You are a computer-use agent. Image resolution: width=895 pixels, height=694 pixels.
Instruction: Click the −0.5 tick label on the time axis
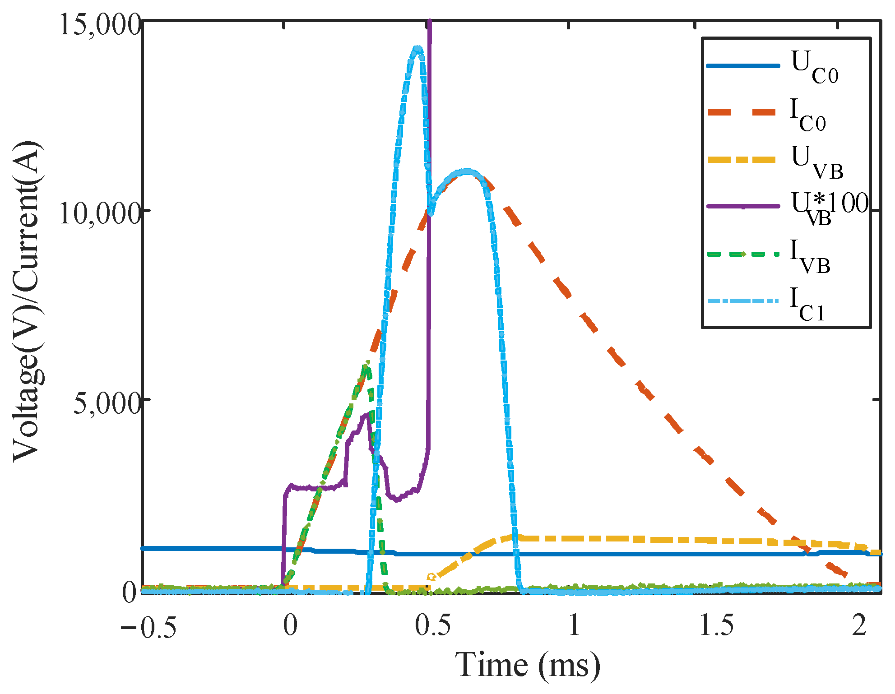(x=148, y=626)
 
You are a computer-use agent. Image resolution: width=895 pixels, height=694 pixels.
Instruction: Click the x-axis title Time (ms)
(x=527, y=665)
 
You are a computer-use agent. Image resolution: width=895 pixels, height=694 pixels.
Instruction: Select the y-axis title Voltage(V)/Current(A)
(x=28, y=301)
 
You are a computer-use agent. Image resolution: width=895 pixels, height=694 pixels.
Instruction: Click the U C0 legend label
(x=815, y=68)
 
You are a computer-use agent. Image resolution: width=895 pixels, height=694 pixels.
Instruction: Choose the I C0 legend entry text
(x=808, y=116)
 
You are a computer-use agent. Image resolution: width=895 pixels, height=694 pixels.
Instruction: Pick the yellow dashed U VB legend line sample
(x=742, y=160)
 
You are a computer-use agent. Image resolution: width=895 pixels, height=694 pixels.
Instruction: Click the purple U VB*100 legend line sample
(x=742, y=206)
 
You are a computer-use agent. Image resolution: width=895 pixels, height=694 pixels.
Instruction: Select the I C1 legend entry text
(x=807, y=305)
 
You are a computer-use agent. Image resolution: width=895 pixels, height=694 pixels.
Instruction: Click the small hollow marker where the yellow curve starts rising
(x=431, y=577)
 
